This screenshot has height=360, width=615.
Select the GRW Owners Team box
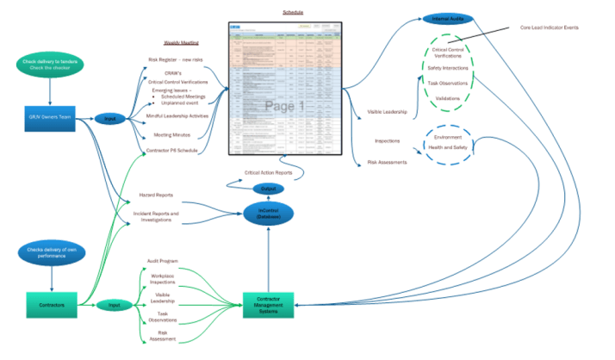click(48, 117)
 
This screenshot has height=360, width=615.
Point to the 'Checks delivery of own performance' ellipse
click(48, 253)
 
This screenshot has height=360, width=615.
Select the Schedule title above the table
click(293, 12)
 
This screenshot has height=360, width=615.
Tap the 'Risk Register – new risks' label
click(177, 60)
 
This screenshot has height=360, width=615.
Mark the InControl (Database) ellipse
click(268, 213)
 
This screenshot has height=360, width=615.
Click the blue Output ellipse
click(267, 188)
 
